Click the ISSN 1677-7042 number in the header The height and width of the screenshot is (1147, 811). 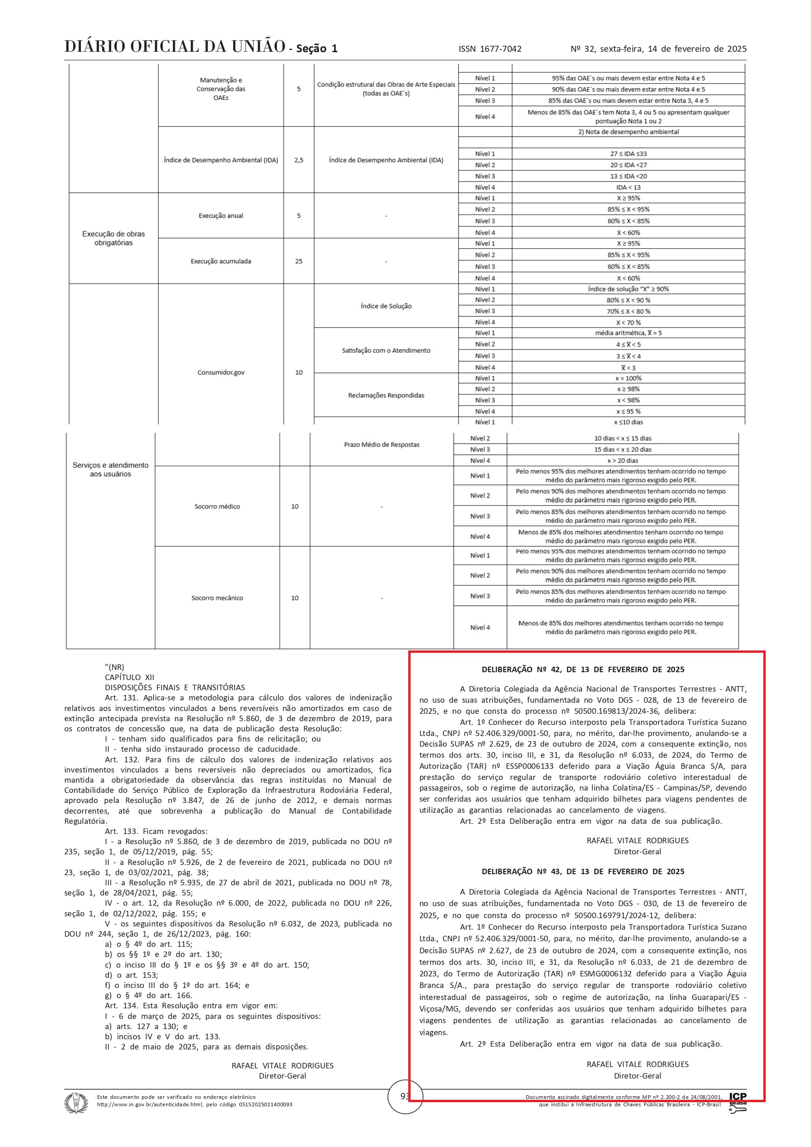490,49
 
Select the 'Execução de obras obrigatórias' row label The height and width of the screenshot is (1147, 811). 113,238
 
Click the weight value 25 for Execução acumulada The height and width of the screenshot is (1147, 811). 298,261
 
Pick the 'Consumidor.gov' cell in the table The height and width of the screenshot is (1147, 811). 221,372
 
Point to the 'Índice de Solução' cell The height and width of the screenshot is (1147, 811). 386,306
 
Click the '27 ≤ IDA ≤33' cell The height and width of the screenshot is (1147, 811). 628,154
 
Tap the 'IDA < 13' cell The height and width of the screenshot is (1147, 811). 628,187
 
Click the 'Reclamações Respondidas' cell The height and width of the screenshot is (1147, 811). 386,395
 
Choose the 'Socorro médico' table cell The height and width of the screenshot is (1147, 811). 217,507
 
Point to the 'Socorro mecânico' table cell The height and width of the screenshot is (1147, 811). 217,598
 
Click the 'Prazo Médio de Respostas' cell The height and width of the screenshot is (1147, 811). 382,445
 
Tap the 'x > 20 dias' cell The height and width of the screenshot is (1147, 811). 623,460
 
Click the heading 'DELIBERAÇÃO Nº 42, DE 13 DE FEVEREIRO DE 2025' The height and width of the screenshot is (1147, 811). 583,669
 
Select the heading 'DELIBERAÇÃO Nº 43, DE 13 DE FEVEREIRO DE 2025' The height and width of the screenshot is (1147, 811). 583,871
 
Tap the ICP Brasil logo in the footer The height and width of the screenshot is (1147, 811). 737,1102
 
